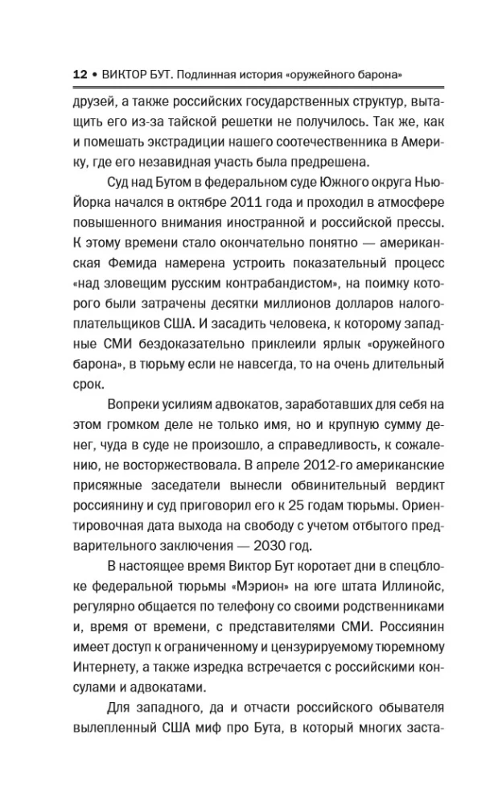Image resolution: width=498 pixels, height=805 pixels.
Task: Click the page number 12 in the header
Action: click(x=78, y=74)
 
